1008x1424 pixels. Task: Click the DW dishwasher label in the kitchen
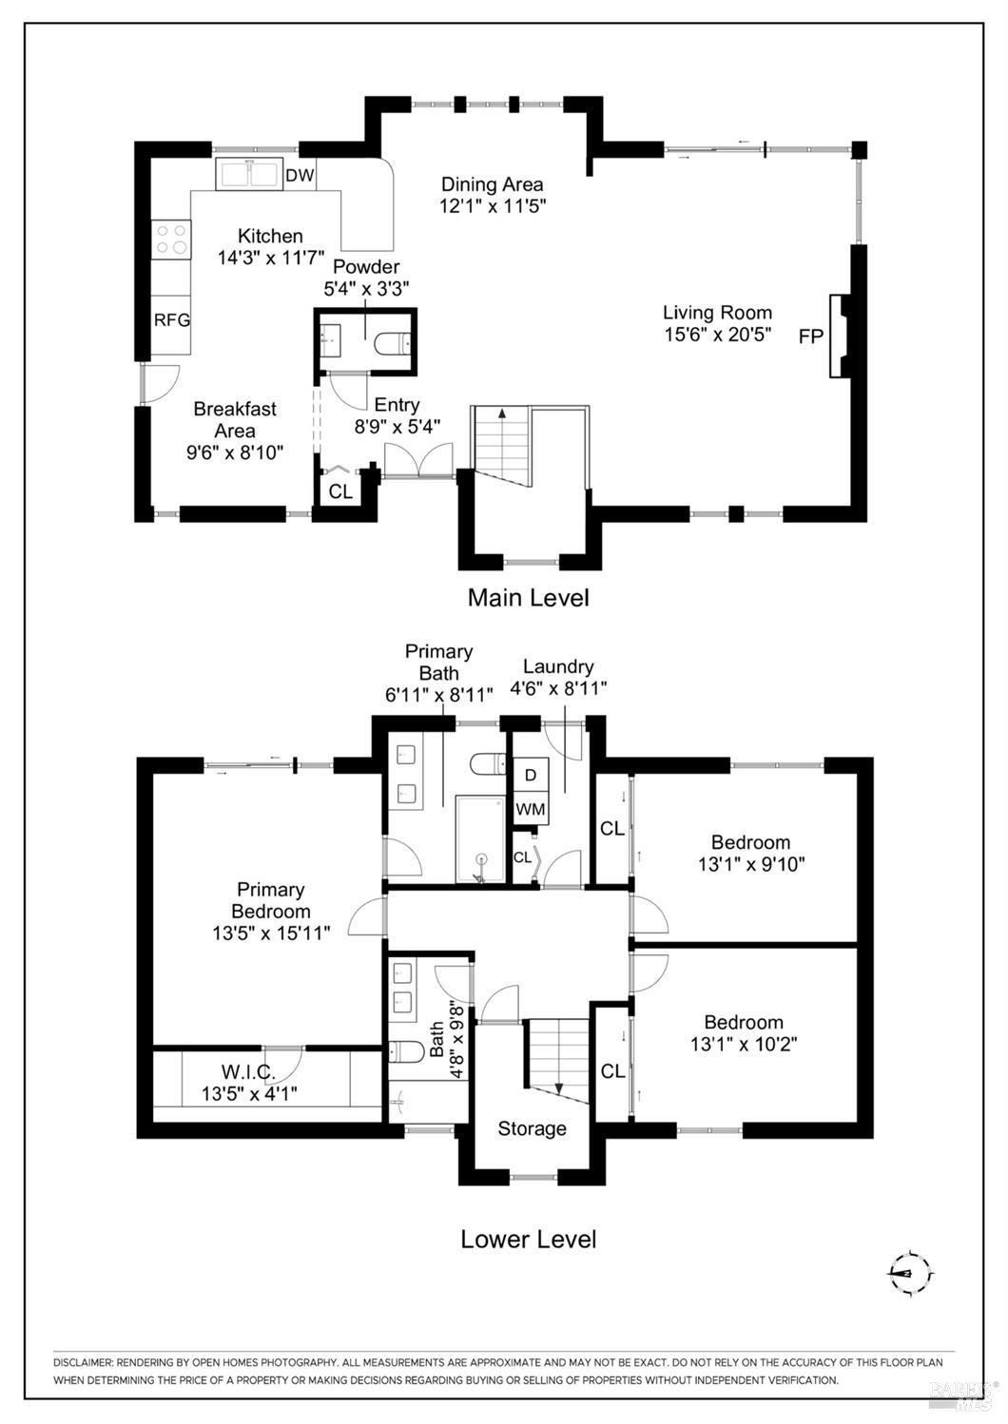(x=300, y=176)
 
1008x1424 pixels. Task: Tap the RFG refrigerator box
(x=172, y=324)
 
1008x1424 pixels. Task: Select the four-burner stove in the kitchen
(x=172, y=239)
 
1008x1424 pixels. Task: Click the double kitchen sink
(x=248, y=173)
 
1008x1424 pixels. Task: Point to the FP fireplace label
(x=811, y=337)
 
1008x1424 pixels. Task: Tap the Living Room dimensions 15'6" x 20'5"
(x=718, y=334)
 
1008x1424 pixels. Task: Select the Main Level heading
(x=529, y=598)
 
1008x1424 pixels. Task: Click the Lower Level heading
(x=529, y=1239)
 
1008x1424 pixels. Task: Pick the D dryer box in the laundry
(x=531, y=775)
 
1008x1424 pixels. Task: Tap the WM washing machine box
(x=531, y=809)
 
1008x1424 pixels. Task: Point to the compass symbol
(x=911, y=1272)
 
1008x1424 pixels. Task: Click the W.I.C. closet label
(x=248, y=1072)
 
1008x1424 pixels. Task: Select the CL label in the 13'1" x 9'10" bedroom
(x=612, y=828)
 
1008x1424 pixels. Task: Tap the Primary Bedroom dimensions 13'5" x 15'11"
(x=272, y=933)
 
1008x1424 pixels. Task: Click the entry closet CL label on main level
(x=340, y=492)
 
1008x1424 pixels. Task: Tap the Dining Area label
(x=493, y=184)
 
